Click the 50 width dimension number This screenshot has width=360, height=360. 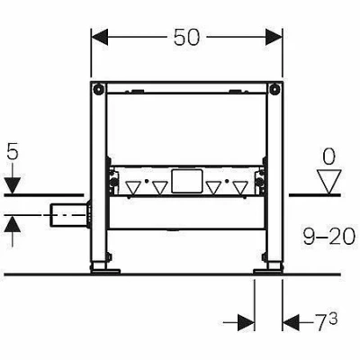[186, 38]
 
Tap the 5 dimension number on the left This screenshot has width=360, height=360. [13, 152]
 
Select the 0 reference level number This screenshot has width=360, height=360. [329, 157]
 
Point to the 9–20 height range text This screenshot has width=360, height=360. [328, 237]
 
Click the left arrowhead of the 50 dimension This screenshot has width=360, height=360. [100, 37]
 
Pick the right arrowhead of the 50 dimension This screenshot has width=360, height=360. [274, 37]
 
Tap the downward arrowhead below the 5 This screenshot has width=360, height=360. [13, 185]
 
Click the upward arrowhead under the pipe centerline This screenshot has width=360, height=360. [13, 224]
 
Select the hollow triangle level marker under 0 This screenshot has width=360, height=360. [329, 182]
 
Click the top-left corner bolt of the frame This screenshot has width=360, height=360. [97, 88]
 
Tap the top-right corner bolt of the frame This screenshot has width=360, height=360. [275, 88]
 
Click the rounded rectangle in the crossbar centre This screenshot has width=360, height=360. [186, 181]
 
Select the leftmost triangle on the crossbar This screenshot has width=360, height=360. [133, 187]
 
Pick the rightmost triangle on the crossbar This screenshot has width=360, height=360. [240, 187]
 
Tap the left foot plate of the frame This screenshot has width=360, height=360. [105, 271]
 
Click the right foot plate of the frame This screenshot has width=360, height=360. [268, 271]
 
